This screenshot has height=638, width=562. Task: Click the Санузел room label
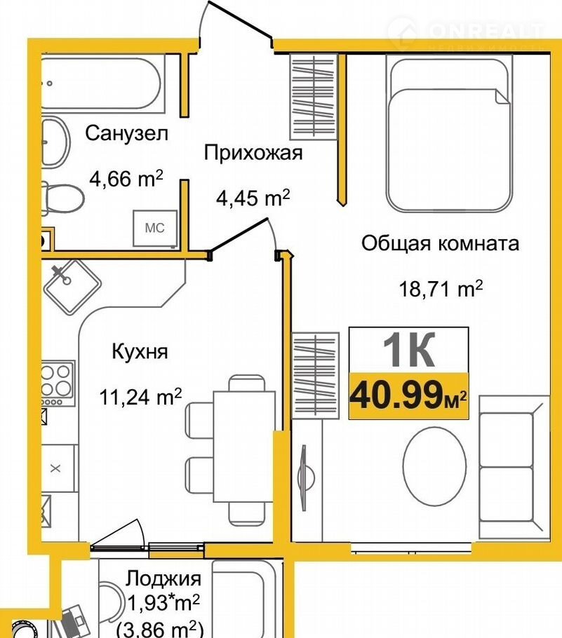[x=127, y=133]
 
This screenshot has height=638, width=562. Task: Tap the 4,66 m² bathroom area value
[x=126, y=178]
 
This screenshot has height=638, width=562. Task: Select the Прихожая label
[x=253, y=153]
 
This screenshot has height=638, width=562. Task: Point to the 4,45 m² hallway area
[x=253, y=198]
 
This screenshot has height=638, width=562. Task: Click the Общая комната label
[x=440, y=244]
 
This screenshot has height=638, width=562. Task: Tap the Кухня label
[x=140, y=351]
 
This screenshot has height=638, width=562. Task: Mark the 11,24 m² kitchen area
[x=140, y=396]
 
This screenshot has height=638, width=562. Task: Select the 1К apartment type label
[x=409, y=350]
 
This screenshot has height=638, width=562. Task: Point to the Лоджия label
[x=163, y=578]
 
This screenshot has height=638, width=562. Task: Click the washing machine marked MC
[x=155, y=228]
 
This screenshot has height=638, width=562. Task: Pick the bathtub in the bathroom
[x=101, y=83]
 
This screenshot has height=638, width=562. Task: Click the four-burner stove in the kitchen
[x=58, y=384]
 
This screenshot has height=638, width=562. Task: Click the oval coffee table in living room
[x=434, y=466]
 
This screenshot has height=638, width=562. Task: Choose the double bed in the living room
[x=448, y=134]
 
